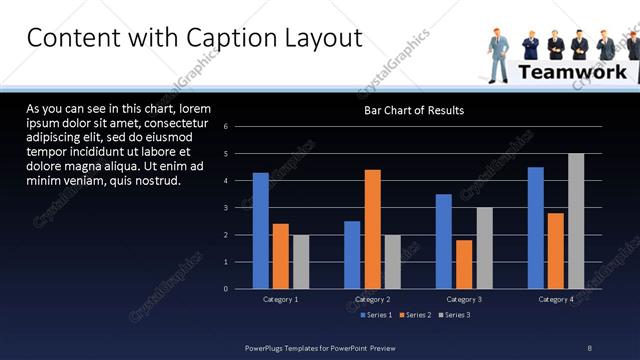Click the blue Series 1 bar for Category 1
tap(261, 231)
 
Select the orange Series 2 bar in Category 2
tap(372, 229)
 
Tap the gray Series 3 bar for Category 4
tap(575, 221)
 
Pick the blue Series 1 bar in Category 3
tap(444, 241)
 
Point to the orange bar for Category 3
tap(463, 264)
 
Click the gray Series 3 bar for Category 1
tap(300, 262)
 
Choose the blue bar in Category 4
tap(536, 228)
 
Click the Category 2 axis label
tap(372, 300)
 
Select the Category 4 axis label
tap(556, 300)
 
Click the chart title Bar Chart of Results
tap(413, 110)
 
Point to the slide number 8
tap(589, 348)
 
